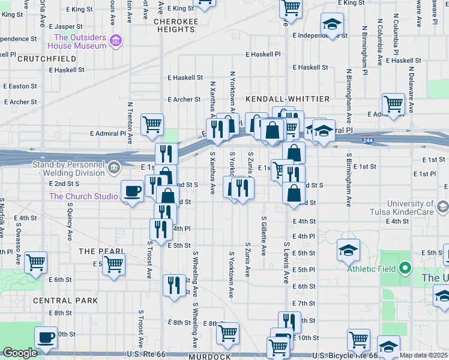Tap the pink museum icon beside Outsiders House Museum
click(117, 41)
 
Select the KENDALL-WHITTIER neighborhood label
click(288, 98)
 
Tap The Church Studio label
click(83, 196)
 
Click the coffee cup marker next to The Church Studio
click(132, 191)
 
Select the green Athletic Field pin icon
click(405, 268)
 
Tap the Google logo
click(20, 353)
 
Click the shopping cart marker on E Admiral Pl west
click(152, 125)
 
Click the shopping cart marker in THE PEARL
click(113, 263)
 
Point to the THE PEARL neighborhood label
click(95, 251)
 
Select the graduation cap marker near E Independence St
click(331, 25)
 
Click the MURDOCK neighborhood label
click(209, 356)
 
